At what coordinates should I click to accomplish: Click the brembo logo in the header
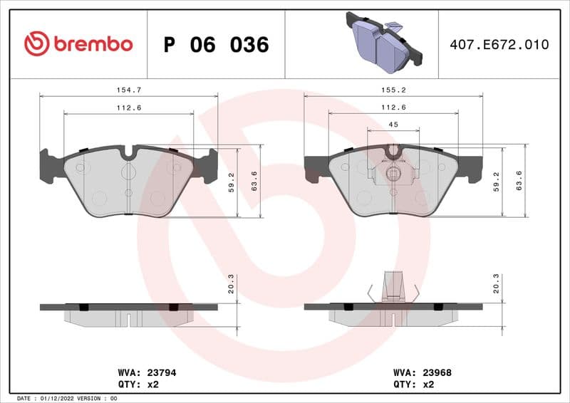(x=78, y=44)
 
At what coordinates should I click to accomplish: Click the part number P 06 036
(x=216, y=45)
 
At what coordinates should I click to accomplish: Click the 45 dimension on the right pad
(x=393, y=125)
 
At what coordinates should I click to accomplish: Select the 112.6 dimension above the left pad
(x=128, y=107)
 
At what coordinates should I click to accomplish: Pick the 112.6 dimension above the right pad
(x=393, y=107)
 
